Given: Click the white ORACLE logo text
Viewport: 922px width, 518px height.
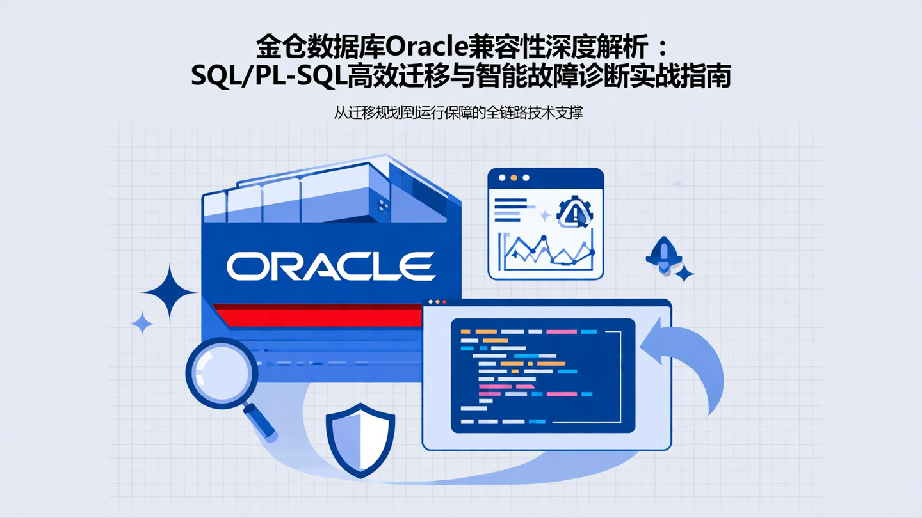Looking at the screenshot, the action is click(x=330, y=267).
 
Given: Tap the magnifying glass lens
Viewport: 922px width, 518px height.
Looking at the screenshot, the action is click(x=221, y=373).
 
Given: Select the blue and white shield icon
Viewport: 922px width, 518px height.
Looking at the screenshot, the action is click(x=360, y=439).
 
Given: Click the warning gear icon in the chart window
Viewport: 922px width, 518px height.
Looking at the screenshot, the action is click(x=574, y=213).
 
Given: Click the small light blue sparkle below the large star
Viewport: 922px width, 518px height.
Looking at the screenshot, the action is click(x=142, y=322).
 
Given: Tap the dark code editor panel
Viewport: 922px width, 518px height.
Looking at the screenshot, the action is click(x=542, y=376).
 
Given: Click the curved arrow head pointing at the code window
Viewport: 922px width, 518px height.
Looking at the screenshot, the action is click(x=652, y=346).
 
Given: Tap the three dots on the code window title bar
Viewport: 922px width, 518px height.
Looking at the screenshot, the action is click(x=436, y=301).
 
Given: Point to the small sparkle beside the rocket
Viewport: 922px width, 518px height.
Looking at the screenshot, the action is click(x=684, y=274).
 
